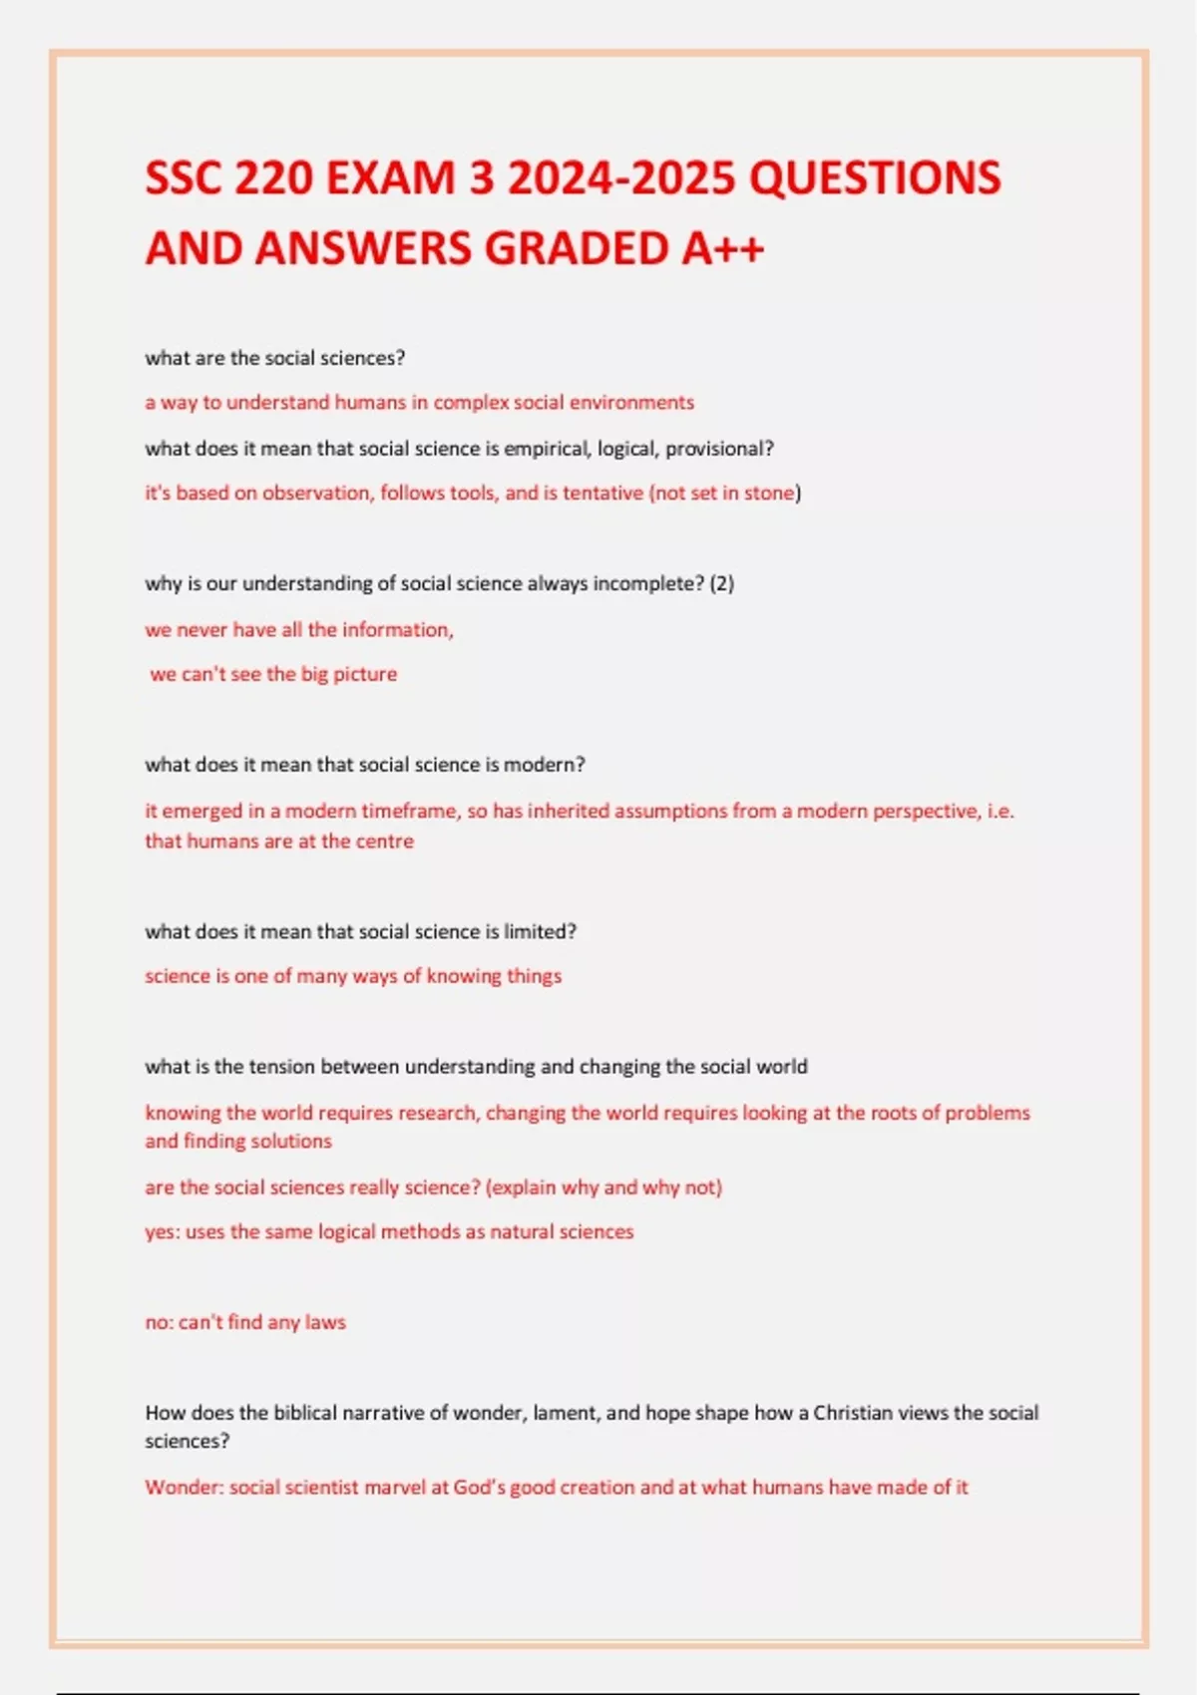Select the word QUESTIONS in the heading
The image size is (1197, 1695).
point(874,179)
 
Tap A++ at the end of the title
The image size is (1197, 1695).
point(723,248)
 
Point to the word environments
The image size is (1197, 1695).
point(631,403)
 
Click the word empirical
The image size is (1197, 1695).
point(548,449)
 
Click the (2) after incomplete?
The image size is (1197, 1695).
point(722,584)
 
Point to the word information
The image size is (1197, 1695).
point(397,630)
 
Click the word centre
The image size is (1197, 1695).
point(384,842)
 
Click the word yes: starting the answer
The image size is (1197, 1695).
point(162,1232)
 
